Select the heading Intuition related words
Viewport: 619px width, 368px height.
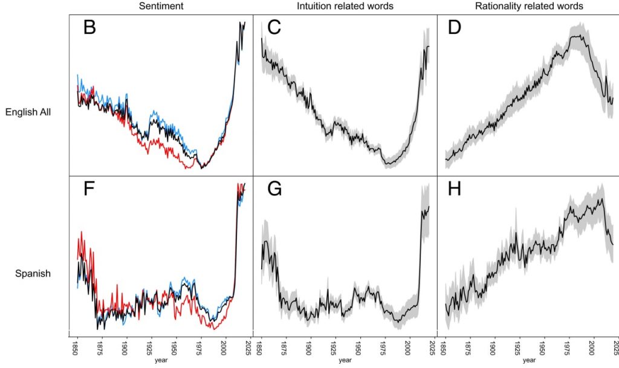click(345, 6)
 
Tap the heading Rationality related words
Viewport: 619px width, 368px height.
click(528, 6)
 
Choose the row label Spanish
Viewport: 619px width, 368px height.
click(33, 273)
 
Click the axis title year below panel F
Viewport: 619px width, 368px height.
click(160, 361)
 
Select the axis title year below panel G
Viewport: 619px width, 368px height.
click(345, 361)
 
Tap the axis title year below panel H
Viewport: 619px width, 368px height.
click(528, 361)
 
